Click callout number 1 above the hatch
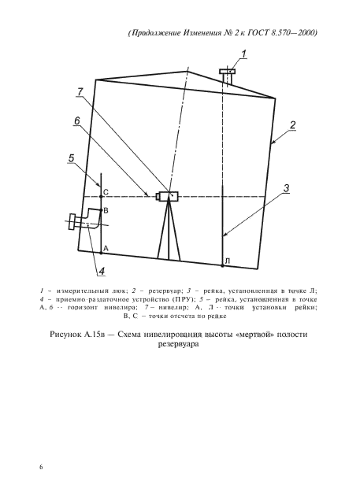[244, 54]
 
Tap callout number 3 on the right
[287, 187]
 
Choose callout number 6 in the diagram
[76, 120]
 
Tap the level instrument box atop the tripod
[168, 195]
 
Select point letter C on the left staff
[106, 191]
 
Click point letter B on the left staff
[106, 212]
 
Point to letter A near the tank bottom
[105, 247]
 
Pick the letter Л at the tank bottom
[226, 260]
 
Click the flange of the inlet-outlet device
[73, 223]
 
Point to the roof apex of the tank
[187, 71]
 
